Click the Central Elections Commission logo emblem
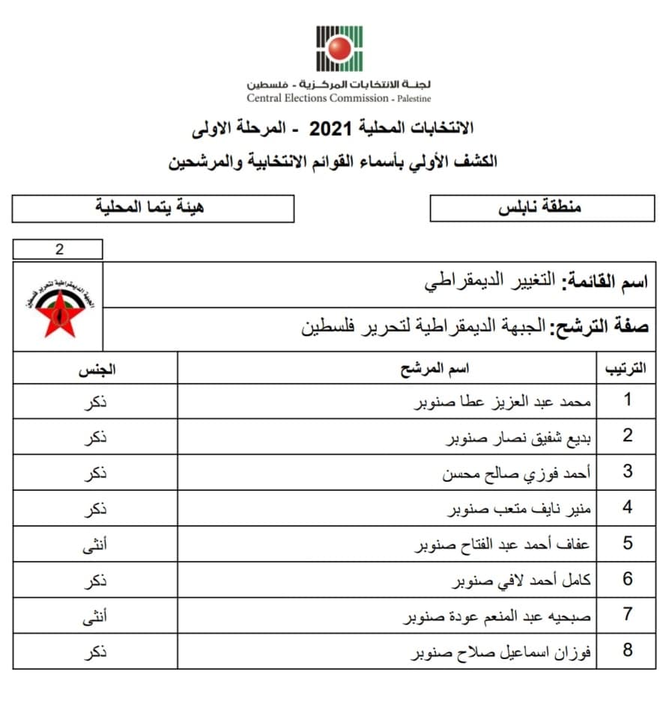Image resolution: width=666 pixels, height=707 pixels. [x=339, y=49]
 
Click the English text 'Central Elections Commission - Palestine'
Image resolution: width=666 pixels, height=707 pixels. [x=339, y=98]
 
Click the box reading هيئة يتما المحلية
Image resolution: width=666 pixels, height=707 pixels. [x=153, y=208]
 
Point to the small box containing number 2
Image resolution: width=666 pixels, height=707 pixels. [x=58, y=250]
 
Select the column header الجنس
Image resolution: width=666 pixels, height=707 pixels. [x=96, y=369]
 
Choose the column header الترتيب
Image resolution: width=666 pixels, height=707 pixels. [x=626, y=369]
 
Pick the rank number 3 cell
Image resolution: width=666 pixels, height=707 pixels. [x=627, y=472]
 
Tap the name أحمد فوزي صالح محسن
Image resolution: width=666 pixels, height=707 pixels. [x=518, y=473]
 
